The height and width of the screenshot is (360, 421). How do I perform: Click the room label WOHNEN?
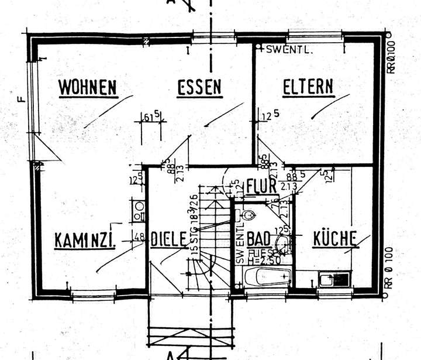pos(88,88)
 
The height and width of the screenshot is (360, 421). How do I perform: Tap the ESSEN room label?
pos(199,88)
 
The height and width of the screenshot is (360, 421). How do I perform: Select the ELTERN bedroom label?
pos(308,88)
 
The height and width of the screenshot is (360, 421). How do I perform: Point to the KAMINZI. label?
pos(84,240)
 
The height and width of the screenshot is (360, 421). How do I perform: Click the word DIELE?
pos(169,240)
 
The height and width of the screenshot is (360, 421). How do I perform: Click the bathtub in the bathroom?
pos(267,277)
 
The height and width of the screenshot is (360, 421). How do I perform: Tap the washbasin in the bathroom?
pos(283,243)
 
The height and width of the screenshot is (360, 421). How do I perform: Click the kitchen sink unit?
pos(334,280)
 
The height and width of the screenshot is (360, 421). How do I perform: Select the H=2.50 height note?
pos(256,260)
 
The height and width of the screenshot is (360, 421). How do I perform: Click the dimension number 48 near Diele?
pos(139,238)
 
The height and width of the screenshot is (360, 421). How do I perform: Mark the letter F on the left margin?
pos(21,98)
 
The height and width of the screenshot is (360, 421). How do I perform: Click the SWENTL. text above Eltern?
pos(289,50)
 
